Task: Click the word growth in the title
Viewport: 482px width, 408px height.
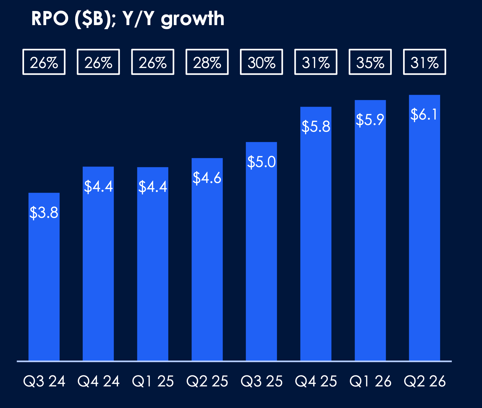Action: [192, 19]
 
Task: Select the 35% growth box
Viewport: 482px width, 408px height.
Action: [370, 62]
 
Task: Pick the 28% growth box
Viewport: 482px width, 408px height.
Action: [207, 62]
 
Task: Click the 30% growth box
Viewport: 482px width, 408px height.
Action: [261, 62]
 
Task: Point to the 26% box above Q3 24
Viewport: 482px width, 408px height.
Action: [44, 62]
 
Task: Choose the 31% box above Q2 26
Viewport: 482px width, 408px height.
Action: [424, 62]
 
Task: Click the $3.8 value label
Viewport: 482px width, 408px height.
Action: [44, 213]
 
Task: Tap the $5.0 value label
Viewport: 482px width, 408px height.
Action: [261, 162]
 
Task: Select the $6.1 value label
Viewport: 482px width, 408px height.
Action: [424, 114]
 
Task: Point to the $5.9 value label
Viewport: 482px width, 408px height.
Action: [370, 120]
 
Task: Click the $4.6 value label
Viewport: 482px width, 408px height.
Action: [207, 178]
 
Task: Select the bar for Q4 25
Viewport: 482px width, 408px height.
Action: [316, 243]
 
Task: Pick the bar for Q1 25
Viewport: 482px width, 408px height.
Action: [153, 270]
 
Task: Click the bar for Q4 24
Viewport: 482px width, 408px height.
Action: [98, 270]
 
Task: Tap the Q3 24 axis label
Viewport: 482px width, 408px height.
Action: [44, 381]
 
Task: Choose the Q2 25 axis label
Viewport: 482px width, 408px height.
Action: [207, 381]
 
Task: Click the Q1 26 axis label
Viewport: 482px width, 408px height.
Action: [370, 381]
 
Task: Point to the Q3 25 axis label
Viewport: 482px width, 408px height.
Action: [261, 381]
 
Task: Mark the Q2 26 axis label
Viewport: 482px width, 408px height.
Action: [424, 381]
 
